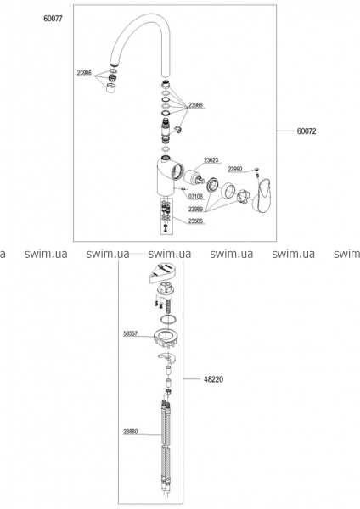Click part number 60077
pos(53,19)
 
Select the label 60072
pos(306,131)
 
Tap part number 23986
pos(84,73)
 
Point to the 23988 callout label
pos(195,105)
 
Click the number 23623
pos(211,160)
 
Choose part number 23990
pos(235,169)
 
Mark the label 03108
pos(195,197)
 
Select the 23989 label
pos(195,209)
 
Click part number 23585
pos(195,221)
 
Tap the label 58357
pos(130,333)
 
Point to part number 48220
pos(213,379)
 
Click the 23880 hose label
pos(130,432)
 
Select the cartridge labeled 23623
pos(193,177)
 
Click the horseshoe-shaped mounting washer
pos(167,358)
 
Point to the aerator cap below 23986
pos(111,87)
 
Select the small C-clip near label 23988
pos(178,129)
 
